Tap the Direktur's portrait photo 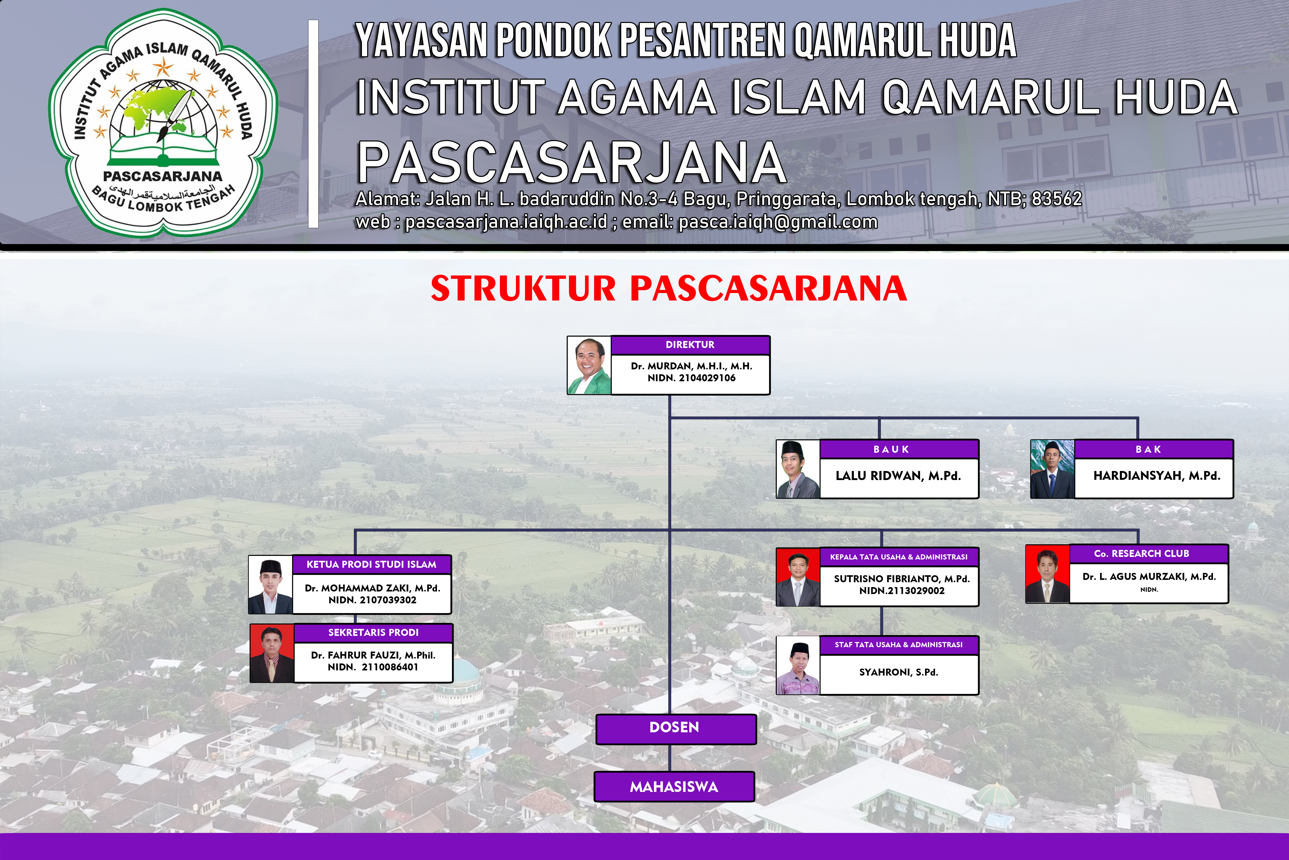589,365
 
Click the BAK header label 1148,449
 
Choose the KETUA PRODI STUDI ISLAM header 371,564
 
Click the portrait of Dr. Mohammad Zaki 271,585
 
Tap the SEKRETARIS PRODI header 373,632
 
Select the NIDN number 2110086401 390,667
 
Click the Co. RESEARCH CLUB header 1149,553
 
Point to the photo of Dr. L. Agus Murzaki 1047,574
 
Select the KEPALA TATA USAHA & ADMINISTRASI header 899,557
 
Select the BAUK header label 891,449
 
